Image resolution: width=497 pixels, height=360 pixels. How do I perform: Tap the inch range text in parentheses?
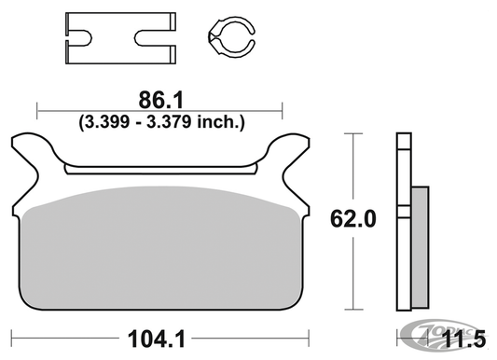[x=159, y=120]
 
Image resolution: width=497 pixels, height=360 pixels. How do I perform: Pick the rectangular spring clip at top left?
[x=118, y=38]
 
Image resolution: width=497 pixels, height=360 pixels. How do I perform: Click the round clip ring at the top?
[x=228, y=40]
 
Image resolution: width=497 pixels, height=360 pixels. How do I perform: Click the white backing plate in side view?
[x=403, y=224]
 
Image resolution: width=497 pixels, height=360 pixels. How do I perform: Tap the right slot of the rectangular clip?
[x=152, y=39]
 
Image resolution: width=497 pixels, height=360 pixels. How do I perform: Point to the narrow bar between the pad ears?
[x=159, y=169]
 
